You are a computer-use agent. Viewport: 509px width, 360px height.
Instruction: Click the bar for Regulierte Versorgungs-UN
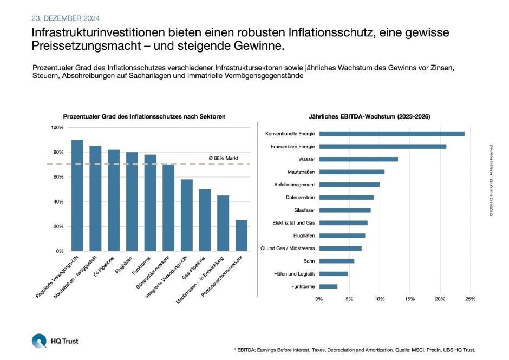click(x=77, y=195)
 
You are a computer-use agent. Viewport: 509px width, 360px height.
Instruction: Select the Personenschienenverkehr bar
click(x=242, y=235)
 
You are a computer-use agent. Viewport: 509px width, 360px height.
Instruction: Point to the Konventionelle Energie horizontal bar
click(x=391, y=134)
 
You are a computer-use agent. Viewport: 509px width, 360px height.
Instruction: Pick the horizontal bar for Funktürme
click(x=328, y=286)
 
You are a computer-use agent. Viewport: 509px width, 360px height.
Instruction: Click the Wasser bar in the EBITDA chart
click(x=358, y=159)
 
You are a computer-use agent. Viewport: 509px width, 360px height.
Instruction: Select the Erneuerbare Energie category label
click(x=292, y=147)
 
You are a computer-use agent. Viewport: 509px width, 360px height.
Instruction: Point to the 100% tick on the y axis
click(x=57, y=127)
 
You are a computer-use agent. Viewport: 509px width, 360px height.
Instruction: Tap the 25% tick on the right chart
click(x=470, y=299)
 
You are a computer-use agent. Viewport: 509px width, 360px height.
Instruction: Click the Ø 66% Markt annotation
click(x=224, y=158)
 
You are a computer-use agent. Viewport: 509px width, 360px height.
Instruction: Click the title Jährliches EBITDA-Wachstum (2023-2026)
click(x=369, y=116)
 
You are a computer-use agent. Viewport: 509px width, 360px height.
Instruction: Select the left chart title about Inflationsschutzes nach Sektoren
click(x=144, y=116)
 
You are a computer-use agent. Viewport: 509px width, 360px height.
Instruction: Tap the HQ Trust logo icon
click(x=39, y=341)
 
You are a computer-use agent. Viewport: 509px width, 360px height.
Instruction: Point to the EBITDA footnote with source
click(x=354, y=350)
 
